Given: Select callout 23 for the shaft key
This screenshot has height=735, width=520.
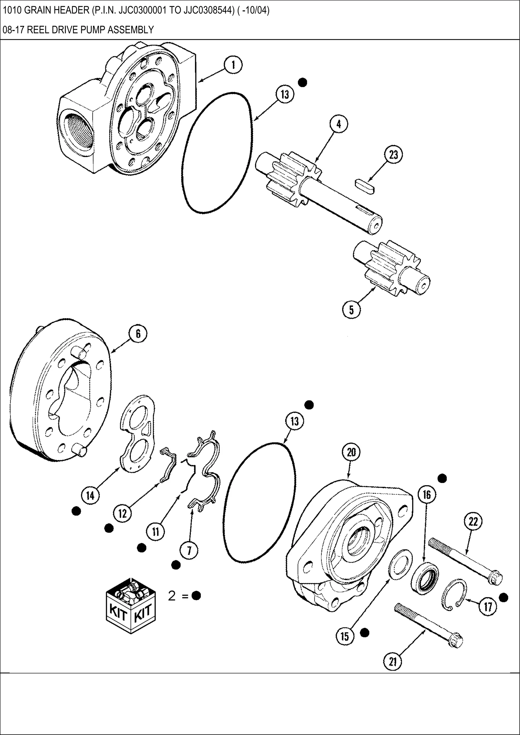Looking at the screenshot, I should coord(394,155).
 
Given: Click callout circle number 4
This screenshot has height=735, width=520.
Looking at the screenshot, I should coord(339,124).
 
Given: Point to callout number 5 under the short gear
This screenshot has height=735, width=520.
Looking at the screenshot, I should coord(351,310).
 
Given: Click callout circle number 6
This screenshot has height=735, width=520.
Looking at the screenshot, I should coord(138,334).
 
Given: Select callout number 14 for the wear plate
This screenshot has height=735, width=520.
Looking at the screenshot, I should coord(90,495).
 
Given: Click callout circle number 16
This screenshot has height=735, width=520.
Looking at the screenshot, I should coord(427,495).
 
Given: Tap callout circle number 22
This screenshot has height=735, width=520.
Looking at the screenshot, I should coord(473,522).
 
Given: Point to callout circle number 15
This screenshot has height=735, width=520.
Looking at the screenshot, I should coord(345,636).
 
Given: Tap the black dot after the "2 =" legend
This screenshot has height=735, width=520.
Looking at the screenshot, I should coord(196,596).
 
